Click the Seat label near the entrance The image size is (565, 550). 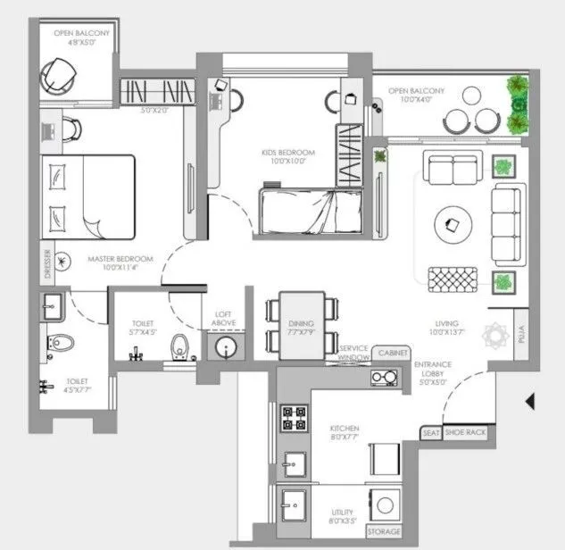click(x=431, y=432)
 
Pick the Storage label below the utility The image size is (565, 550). click(x=384, y=533)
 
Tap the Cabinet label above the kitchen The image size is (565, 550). click(x=393, y=354)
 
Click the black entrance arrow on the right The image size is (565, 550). click(x=530, y=402)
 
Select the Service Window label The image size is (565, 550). click(x=353, y=354)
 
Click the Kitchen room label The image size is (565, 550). click(x=345, y=433)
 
